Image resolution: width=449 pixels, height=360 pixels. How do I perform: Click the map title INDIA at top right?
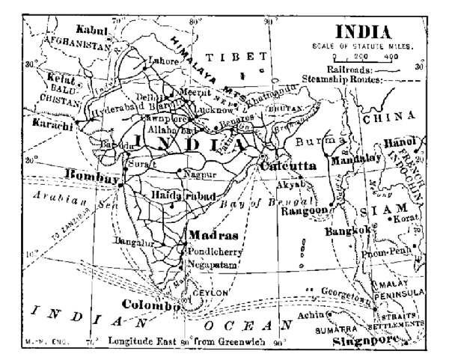pyautogui.click(x=362, y=32)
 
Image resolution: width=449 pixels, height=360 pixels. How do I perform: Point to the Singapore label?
pyautogui.click(x=364, y=340)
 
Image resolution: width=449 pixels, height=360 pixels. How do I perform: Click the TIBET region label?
pyautogui.click(x=236, y=57)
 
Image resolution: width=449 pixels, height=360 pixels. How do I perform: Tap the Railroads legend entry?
pyautogui.click(x=358, y=67)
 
